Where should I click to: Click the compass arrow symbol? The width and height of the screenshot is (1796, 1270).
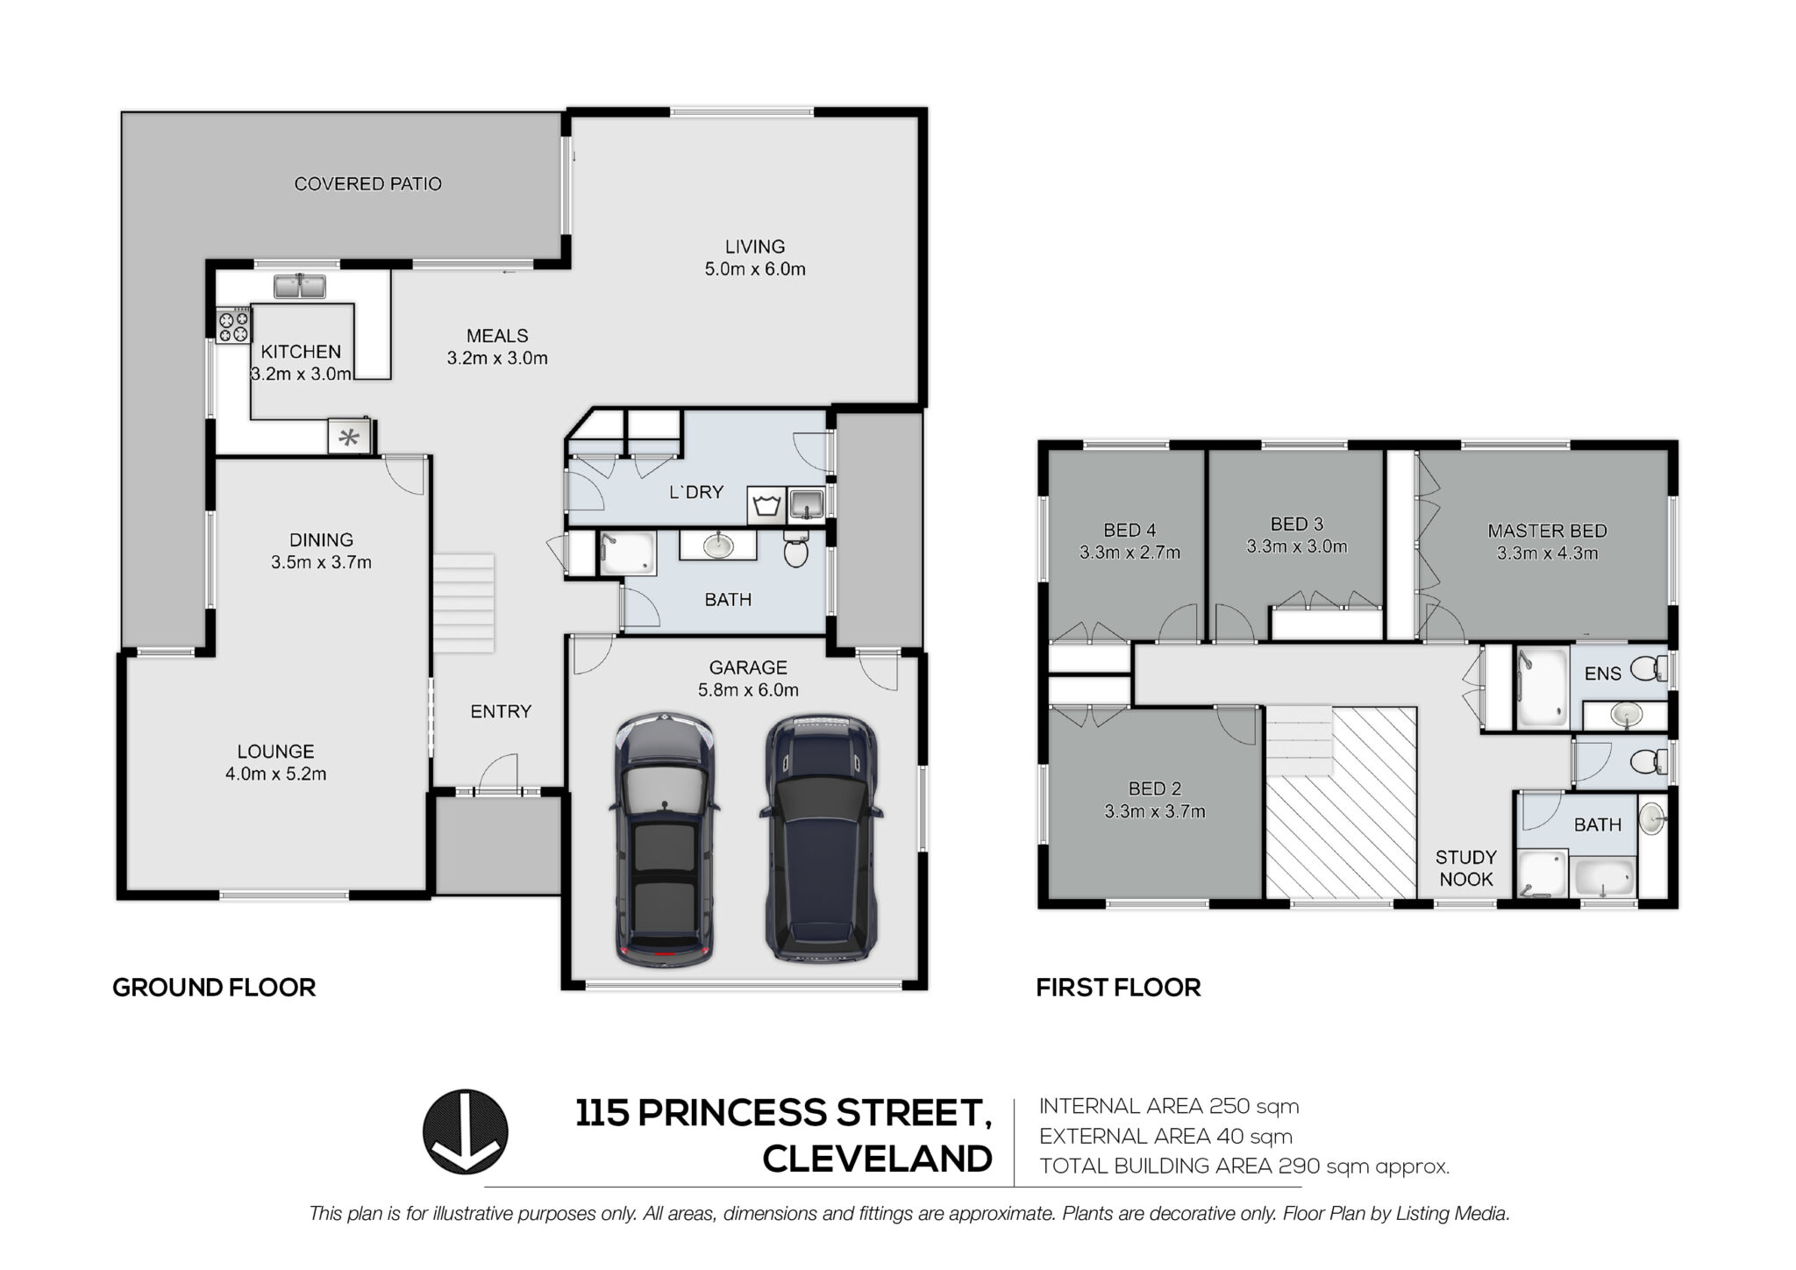coord(466,1131)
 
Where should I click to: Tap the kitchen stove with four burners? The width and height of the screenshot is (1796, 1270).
coord(234,326)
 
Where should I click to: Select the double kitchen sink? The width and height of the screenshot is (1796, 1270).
coord(300,286)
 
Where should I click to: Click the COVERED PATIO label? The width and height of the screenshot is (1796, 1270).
coord(367,184)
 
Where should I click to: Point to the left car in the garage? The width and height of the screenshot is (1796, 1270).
coord(664,840)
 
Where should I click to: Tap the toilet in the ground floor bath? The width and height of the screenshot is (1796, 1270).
coord(795,550)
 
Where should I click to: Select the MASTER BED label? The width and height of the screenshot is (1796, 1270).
coord(1547,531)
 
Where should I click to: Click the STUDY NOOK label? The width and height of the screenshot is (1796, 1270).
coord(1465,868)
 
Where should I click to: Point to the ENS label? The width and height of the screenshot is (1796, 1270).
coord(1602,674)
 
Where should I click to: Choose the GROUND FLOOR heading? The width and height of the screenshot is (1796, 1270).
coord(214,988)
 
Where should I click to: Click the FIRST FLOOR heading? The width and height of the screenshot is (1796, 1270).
coord(1118,988)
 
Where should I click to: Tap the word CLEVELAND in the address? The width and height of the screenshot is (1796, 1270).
coord(877,1159)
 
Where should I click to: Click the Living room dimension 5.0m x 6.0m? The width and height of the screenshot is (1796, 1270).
coord(755,269)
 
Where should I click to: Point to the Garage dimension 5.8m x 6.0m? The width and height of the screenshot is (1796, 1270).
coord(748,690)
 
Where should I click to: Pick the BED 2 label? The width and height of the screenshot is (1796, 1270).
coord(1154,788)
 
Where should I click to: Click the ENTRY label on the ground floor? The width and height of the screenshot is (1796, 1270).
coord(501,711)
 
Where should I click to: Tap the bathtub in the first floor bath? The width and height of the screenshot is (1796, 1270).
coord(1605,878)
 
